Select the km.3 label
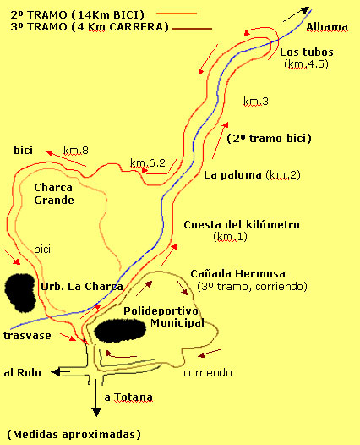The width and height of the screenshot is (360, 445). click(255, 102)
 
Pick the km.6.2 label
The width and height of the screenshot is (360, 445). click(148, 162)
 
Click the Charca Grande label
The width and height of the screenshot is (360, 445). click(54, 194)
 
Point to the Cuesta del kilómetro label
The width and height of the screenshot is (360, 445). click(241, 224)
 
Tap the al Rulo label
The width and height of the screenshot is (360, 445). click(20, 371)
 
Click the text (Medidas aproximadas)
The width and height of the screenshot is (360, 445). click(71, 434)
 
